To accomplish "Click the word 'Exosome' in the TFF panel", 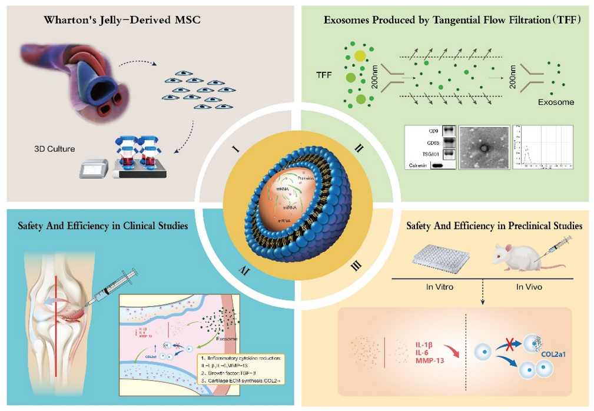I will pyautogui.click(x=556, y=102).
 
